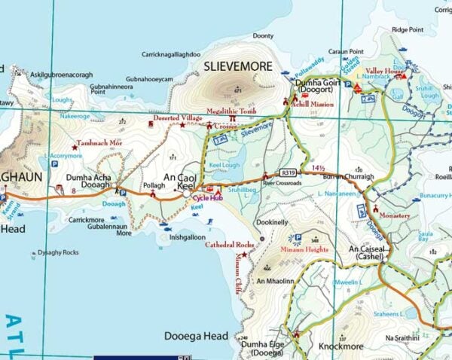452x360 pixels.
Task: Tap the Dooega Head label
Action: [197, 336]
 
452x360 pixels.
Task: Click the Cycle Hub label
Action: [207, 198]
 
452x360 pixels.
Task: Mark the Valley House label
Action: [380, 71]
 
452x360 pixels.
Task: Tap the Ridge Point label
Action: [408, 29]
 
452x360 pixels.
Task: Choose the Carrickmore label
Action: [87, 220]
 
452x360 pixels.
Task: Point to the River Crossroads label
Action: [282, 183]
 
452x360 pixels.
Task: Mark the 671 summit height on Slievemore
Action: [237, 90]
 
